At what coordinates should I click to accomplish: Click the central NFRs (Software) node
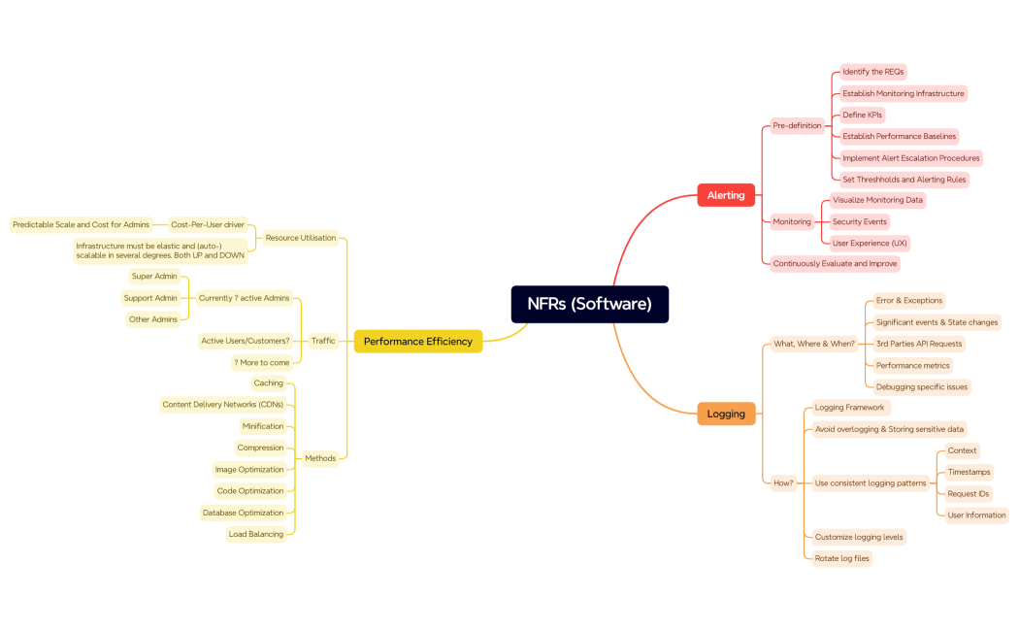pos(589,304)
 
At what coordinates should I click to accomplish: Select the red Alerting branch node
pos(725,195)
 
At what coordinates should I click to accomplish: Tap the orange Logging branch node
pos(725,414)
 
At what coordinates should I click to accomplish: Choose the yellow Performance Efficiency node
pos(417,341)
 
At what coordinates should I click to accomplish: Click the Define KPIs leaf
pos(862,115)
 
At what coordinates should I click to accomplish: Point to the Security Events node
pos(859,221)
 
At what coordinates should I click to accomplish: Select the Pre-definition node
pos(797,125)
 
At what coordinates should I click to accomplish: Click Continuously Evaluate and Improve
pos(835,263)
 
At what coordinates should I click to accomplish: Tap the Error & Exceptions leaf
pos(908,300)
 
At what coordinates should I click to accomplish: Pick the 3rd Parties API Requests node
pos(919,344)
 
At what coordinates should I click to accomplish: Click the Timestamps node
pos(969,472)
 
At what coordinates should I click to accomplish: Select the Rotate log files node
pos(841,558)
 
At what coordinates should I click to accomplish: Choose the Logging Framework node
pos(849,408)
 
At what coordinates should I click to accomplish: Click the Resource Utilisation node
pos(300,238)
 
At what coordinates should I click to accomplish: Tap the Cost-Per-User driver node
pos(207,224)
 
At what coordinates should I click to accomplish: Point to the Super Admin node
pos(153,276)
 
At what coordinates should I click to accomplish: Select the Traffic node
pos(322,341)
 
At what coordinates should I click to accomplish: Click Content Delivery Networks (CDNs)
pos(222,404)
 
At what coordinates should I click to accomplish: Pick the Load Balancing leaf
pos(255,534)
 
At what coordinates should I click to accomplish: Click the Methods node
pos(319,458)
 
